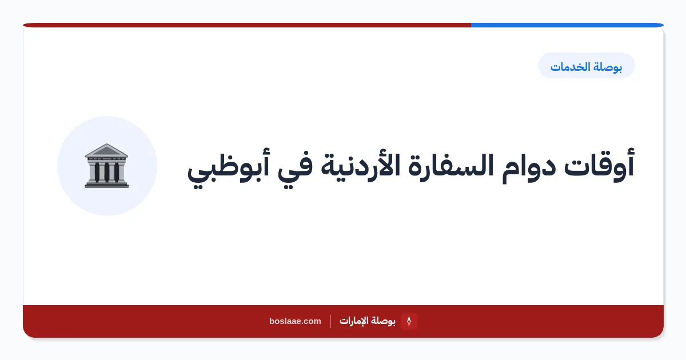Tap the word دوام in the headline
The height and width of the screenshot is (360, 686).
click(529, 168)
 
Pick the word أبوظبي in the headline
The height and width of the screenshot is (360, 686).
click(228, 168)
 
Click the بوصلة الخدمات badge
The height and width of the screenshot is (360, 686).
click(586, 66)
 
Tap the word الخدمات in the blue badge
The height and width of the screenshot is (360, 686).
click(569, 67)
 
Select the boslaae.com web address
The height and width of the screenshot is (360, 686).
click(295, 321)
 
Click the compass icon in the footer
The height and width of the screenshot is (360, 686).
click(409, 321)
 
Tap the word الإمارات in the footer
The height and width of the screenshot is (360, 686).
click(354, 321)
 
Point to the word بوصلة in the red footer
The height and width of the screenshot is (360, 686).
click(383, 321)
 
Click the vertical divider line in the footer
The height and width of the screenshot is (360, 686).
click(330, 321)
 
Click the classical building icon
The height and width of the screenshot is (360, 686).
click(106, 166)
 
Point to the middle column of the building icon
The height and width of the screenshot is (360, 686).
click(106, 172)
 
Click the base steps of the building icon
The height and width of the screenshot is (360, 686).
click(106, 185)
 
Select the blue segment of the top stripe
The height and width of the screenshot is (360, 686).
click(567, 25)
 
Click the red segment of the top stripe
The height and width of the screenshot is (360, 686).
click(247, 25)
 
